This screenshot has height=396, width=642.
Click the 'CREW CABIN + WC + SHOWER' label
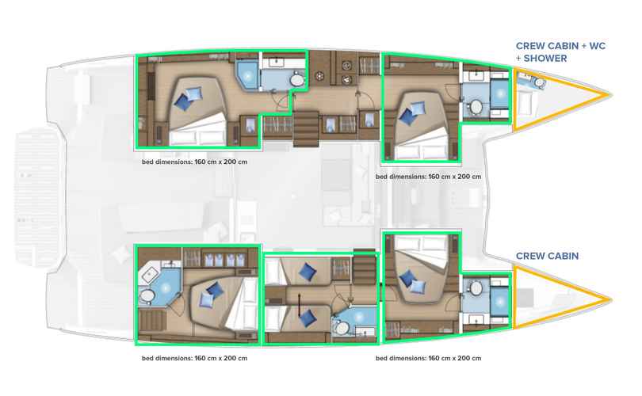pyautogui.click(x=560, y=52)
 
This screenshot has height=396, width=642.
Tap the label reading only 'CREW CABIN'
pyautogui.click(x=547, y=256)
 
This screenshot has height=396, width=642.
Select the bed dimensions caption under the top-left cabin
pyautogui.click(x=194, y=162)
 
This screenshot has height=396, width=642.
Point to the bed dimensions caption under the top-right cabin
pyautogui.click(x=428, y=177)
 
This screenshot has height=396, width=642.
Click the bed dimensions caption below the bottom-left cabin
pyautogui.click(x=194, y=358)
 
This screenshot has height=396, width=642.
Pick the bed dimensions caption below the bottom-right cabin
pyautogui.click(x=428, y=358)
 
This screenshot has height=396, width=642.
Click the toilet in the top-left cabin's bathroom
pyautogui.click(x=296, y=79)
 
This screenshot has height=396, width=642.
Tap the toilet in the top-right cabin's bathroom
pyautogui.click(x=476, y=107)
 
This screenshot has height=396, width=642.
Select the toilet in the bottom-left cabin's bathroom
pyautogui.click(x=146, y=295)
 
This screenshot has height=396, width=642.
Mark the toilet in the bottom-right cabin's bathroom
pyautogui.click(x=476, y=288)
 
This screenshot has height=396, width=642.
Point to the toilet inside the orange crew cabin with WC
pyautogui.click(x=540, y=83)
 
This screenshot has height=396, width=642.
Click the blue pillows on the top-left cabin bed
pyautogui.click(x=188, y=98)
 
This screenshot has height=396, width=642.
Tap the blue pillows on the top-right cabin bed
pyautogui.click(x=412, y=113)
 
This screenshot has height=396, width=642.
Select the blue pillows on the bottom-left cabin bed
pyautogui.click(x=212, y=295)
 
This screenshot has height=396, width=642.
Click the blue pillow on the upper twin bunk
pyautogui.click(x=307, y=271)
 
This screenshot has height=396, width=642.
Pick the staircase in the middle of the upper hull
pyautogui.click(x=306, y=128)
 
